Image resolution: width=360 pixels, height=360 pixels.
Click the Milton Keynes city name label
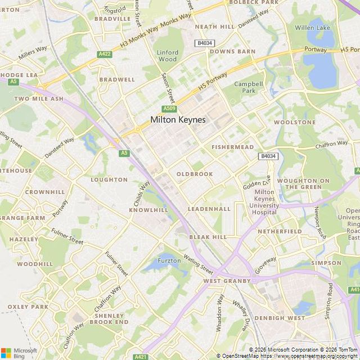coord(178,120)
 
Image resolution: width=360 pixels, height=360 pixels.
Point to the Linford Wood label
coord(167,56)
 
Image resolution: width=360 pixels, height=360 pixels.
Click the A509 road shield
coord(169,109)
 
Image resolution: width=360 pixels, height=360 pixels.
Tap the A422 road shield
coord(104,54)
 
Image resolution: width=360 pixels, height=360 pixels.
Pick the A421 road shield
coord(141,357)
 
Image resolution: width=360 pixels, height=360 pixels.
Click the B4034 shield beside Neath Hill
coord(204,43)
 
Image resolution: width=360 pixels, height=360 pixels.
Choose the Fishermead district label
coord(232,147)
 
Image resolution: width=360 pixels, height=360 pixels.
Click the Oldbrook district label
coord(195,174)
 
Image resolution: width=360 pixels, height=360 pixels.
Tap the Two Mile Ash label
coord(39,98)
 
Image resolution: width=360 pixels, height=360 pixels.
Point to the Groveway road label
coord(265,265)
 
